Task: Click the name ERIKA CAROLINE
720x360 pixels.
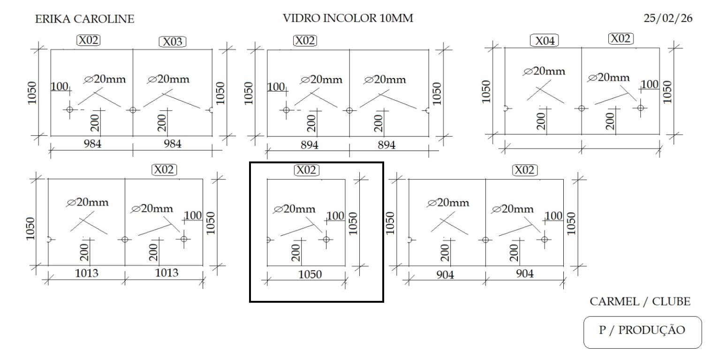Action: pyautogui.click(x=84, y=19)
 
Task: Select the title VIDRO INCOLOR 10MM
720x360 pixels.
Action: pyautogui.click(x=348, y=19)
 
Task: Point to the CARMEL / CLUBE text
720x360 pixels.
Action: pyautogui.click(x=640, y=301)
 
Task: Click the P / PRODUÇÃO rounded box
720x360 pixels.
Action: pyautogui.click(x=642, y=330)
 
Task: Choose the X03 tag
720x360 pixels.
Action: pyautogui.click(x=173, y=42)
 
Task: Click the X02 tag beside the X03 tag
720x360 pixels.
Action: pyautogui.click(x=89, y=40)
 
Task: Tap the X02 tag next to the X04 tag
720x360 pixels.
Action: pyautogui.click(x=621, y=38)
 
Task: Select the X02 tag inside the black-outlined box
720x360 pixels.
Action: pyautogui.click(x=306, y=170)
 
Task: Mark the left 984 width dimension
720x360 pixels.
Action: pyautogui.click(x=92, y=144)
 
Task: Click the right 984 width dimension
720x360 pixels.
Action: pyautogui.click(x=172, y=144)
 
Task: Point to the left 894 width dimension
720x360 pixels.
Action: pyautogui.click(x=310, y=145)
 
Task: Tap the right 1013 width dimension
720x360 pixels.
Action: pyautogui.click(x=167, y=273)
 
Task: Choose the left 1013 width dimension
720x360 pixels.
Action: pyautogui.click(x=87, y=273)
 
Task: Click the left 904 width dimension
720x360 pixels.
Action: pyautogui.click(x=445, y=275)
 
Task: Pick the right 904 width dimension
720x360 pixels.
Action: pyautogui.click(x=524, y=274)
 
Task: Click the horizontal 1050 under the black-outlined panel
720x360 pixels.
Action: pyautogui.click(x=310, y=275)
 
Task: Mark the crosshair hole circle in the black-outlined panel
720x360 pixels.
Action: pyautogui.click(x=326, y=239)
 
